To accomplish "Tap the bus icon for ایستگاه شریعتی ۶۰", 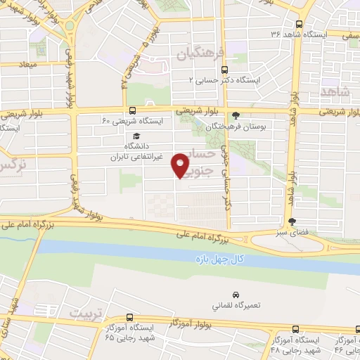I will pyautogui.click(x=132, y=110).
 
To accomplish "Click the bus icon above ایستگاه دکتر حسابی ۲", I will pyautogui.click(x=224, y=70).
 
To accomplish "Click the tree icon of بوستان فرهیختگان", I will pyautogui.click(x=236, y=116).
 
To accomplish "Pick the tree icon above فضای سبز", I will pyautogui.click(x=302, y=220).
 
